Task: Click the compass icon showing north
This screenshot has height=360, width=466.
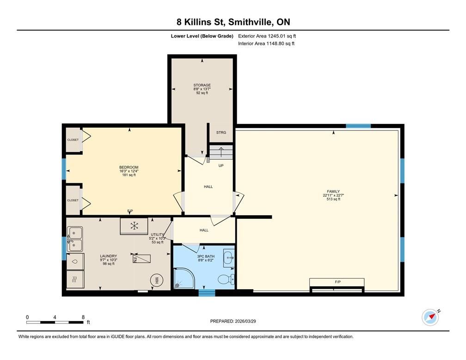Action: [430, 317]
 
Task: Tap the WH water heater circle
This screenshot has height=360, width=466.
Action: [156, 280]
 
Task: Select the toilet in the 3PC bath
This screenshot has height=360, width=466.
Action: [226, 279]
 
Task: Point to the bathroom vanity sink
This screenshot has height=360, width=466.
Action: [229, 257]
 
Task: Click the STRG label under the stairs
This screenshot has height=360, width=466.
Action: [221, 132]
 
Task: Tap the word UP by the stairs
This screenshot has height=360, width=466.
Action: [221, 165]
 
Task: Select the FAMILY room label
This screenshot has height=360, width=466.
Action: [333, 192]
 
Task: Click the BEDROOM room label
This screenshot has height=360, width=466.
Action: [129, 168]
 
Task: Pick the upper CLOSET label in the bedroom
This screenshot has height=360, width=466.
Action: [73, 140]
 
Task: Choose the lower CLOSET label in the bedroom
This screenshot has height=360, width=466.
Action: [73, 200]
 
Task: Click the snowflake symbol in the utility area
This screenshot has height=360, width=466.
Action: [135, 226]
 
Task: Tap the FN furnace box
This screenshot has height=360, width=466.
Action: [141, 258]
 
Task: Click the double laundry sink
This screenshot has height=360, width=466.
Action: [74, 239]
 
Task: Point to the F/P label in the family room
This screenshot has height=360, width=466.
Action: [337, 281]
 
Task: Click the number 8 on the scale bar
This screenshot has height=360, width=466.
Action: [83, 317]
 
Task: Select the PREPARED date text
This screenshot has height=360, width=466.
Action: [233, 321]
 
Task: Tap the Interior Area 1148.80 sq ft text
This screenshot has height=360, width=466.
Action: [266, 43]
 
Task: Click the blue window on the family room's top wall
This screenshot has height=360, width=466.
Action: [358, 126]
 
